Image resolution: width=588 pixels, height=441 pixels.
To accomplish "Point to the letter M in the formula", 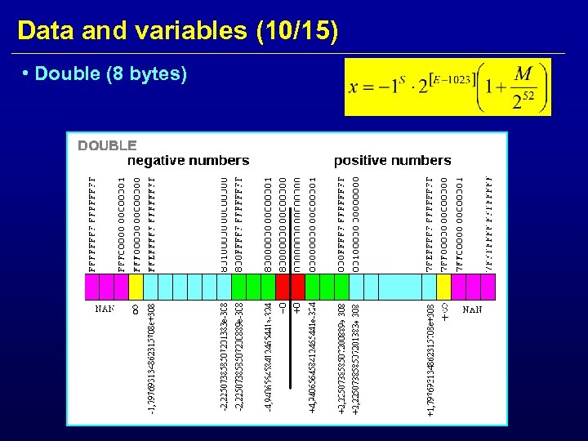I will (x=523, y=74).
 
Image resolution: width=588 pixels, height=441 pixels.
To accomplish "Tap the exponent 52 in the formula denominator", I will (x=528, y=96).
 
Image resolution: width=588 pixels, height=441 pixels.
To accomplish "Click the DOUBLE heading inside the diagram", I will (x=107, y=145).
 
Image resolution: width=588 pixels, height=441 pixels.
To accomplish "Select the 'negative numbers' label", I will (x=189, y=160).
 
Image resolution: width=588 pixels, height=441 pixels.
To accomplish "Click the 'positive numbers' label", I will (x=393, y=160).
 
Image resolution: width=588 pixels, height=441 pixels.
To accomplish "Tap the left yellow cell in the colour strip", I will (x=136, y=286).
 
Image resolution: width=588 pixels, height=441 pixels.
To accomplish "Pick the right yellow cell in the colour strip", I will (x=443, y=286).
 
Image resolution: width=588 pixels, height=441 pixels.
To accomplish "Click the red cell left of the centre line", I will (x=283, y=286).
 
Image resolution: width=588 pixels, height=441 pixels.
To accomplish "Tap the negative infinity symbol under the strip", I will (x=136, y=310).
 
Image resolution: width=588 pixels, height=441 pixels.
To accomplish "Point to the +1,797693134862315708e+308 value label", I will (x=430, y=359).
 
